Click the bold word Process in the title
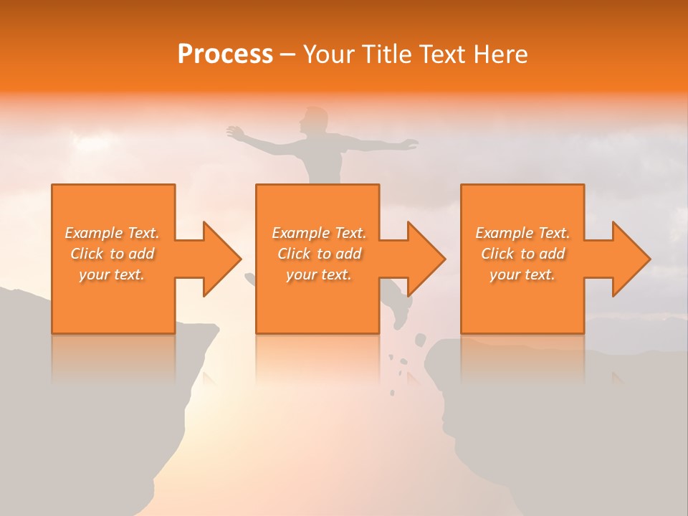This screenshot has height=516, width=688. [x=225, y=54]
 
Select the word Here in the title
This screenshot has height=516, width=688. [x=500, y=54]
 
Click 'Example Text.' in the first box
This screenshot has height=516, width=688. [x=112, y=233]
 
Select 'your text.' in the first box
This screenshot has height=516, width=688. [x=112, y=274]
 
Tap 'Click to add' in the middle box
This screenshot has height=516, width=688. [x=319, y=254]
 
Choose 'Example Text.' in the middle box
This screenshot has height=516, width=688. [x=319, y=233]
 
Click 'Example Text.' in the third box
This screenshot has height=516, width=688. [x=522, y=233]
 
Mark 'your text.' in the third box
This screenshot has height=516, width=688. [x=522, y=274]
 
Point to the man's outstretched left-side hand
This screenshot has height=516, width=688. [x=235, y=132]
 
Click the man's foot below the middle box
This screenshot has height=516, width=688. [x=400, y=315]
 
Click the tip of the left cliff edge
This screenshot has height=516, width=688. [x=215, y=329]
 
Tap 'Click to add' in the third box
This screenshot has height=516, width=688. [x=522, y=254]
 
